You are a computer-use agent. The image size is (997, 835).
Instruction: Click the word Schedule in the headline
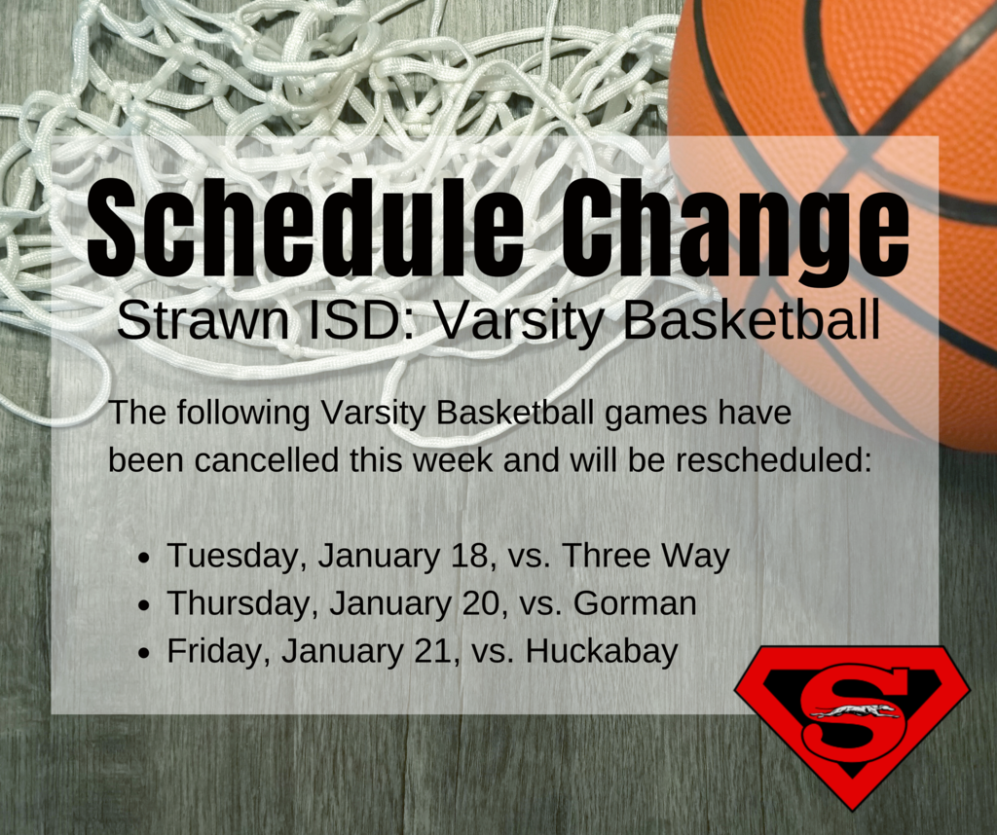[306, 227]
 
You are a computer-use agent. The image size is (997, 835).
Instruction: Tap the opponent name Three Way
[646, 557]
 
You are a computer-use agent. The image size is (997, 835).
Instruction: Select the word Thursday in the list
[242, 603]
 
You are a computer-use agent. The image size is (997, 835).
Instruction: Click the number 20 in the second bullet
[485, 603]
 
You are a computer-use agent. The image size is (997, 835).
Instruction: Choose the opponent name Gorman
[635, 603]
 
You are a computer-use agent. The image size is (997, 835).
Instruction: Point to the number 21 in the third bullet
[436, 651]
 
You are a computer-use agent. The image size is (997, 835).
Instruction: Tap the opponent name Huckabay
[602, 652]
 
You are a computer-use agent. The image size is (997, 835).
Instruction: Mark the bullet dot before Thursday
[146, 606]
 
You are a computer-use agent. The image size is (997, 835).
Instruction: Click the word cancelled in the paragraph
[267, 459]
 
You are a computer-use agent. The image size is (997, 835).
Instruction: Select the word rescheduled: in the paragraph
[773, 459]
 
